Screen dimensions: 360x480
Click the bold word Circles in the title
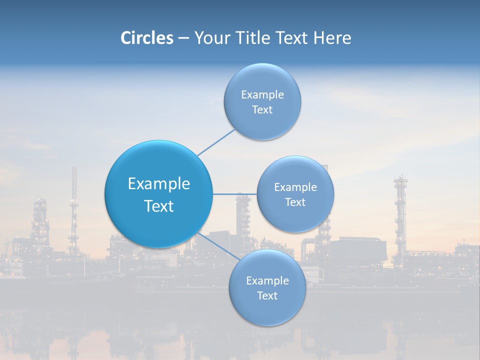pos(146,38)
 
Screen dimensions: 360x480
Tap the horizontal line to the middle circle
pos(235,194)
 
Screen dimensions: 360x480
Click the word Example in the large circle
pos(159,184)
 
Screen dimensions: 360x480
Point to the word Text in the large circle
pos(159,206)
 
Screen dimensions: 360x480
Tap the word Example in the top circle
pos(262,95)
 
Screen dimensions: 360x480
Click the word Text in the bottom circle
pos(267,296)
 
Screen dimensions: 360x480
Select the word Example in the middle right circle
pos(295,187)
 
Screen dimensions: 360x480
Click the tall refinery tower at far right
pos(400,215)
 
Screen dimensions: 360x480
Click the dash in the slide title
pos(183,38)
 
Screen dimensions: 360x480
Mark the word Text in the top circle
pos(262,110)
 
